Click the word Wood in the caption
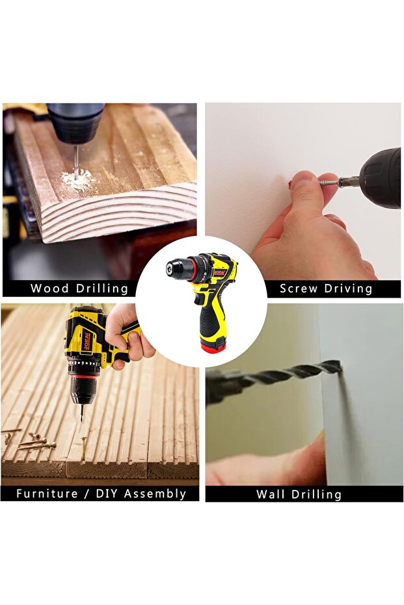[50, 289]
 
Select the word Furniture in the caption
[47, 494]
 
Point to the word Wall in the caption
[271, 495]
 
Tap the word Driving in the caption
[349, 289]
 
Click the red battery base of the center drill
[213, 346]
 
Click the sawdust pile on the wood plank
[79, 180]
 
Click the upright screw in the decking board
[83, 448]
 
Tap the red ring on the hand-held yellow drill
[83, 376]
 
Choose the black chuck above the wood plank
[75, 123]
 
